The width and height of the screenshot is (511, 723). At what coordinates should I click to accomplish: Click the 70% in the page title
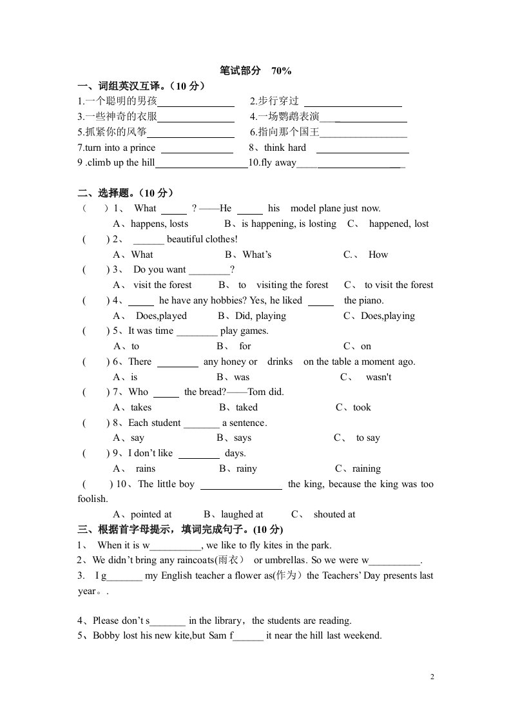click(x=282, y=71)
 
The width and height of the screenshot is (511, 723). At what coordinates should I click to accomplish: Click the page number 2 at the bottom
click(x=432, y=677)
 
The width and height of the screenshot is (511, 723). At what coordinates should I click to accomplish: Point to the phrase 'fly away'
click(x=278, y=163)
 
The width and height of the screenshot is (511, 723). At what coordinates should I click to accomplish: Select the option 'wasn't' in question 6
click(x=378, y=378)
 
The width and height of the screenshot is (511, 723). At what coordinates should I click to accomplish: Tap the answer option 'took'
click(x=362, y=408)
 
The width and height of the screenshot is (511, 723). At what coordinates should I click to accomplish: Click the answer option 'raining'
click(x=367, y=469)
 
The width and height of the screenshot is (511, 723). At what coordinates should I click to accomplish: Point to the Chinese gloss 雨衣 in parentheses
click(x=227, y=561)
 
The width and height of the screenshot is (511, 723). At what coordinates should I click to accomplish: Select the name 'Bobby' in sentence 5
click(x=107, y=636)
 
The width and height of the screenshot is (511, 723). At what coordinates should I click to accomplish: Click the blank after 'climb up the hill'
click(x=201, y=164)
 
